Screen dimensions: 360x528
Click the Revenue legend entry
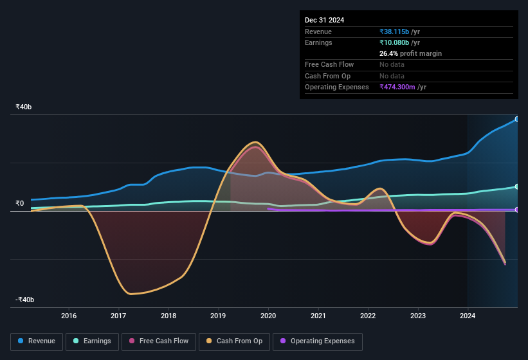click(x=37, y=341)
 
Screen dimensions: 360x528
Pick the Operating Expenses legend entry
click(x=318, y=341)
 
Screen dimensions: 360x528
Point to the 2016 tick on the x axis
click(x=69, y=316)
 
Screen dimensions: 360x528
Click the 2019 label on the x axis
click(x=218, y=316)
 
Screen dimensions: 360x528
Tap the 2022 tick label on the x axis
click(x=368, y=316)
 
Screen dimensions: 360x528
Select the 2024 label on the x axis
click(x=468, y=316)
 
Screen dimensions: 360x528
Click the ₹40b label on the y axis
click(x=24, y=107)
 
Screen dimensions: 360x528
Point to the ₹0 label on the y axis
click(x=19, y=203)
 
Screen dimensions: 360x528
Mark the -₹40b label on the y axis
click(x=25, y=300)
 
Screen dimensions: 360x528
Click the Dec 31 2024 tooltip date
click(x=324, y=20)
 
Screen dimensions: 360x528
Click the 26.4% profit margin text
click(x=410, y=53)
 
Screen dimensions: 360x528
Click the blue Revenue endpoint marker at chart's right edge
click(x=516, y=119)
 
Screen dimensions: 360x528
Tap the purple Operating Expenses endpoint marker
click(x=516, y=210)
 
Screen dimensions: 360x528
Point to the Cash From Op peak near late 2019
click(x=256, y=142)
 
